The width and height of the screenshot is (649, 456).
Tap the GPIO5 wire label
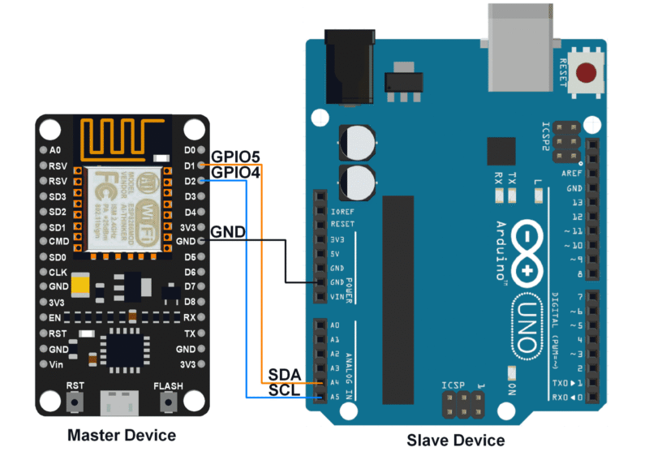tap(235, 157)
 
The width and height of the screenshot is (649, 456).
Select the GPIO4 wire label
tap(235, 173)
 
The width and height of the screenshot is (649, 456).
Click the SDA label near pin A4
tap(285, 375)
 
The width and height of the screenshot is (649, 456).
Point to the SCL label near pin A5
tap(285, 390)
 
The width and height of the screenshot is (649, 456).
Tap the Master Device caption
tap(121, 436)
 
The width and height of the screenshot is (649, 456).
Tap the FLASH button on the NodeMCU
tap(168, 401)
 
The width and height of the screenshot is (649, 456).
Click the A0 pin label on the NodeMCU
tap(55, 150)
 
